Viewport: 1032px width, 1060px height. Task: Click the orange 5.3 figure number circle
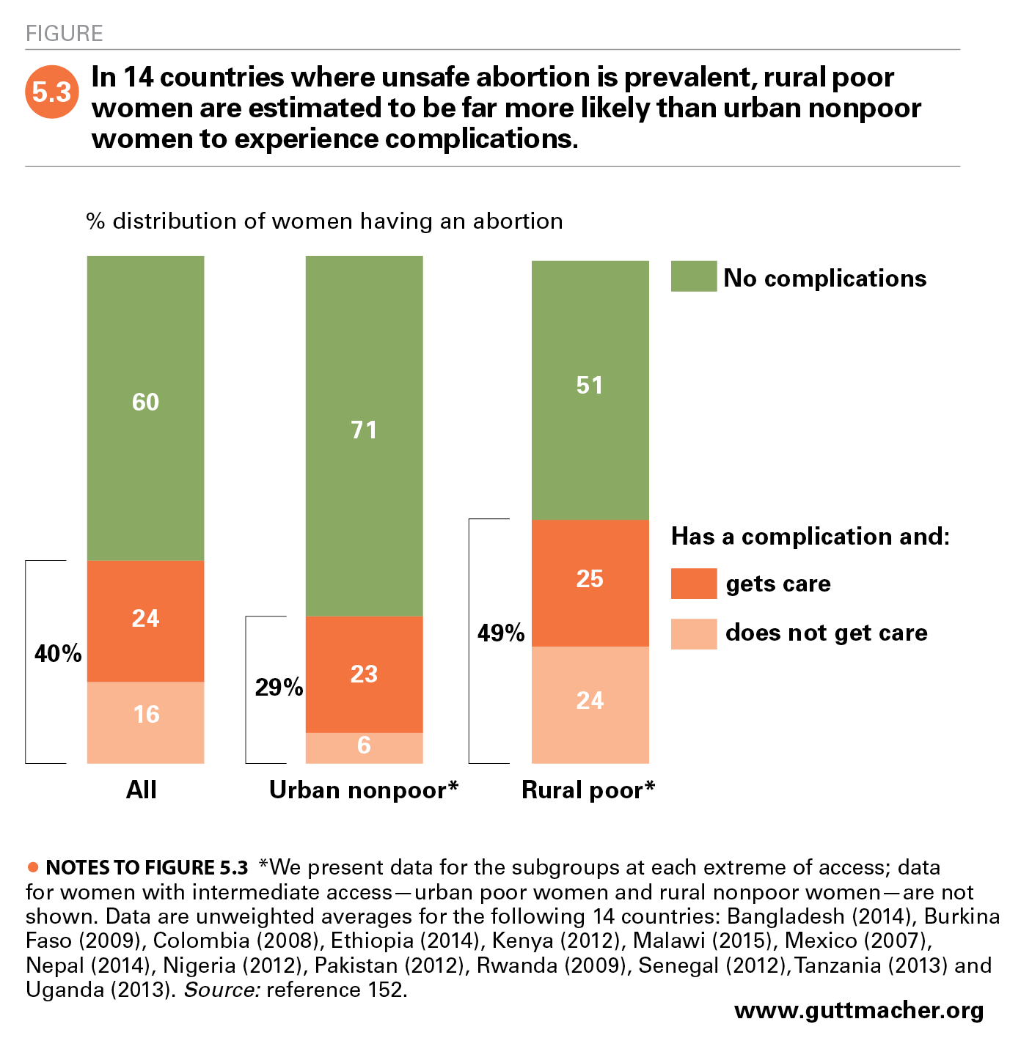[x=51, y=92]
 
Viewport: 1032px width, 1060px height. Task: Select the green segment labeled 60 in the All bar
[x=145, y=408]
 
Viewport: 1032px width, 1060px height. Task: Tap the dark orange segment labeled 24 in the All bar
[x=145, y=620]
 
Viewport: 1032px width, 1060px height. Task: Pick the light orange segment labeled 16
[x=145, y=721]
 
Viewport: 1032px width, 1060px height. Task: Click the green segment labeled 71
[x=364, y=435]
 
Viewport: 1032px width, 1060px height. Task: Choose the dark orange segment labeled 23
[x=364, y=674]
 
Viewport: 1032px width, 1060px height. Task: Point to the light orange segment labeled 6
[x=364, y=747]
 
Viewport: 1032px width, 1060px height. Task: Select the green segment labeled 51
[x=590, y=390]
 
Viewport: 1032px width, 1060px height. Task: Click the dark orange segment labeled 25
[x=590, y=582]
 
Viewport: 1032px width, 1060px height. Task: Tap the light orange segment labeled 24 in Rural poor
[x=590, y=704]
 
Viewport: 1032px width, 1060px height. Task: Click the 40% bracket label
[x=58, y=653]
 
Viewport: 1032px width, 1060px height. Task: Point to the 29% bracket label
[x=279, y=687]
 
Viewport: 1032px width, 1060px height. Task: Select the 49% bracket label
[x=501, y=633]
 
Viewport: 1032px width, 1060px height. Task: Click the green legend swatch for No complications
[x=693, y=276]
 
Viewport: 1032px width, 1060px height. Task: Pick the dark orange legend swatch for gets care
[x=693, y=584]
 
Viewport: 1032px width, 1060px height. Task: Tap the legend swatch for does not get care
[x=693, y=633]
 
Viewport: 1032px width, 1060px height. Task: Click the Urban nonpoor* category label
[x=363, y=790]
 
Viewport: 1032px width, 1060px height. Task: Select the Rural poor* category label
[x=588, y=790]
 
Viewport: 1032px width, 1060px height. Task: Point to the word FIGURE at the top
[x=64, y=34]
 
